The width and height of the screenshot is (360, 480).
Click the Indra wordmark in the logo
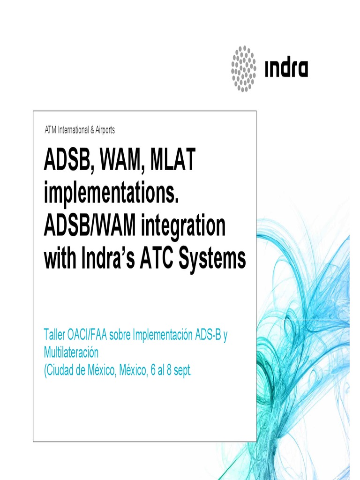coord(286,69)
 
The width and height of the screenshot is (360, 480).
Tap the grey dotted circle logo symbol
coord(244,68)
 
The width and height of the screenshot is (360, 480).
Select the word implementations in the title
coord(112,194)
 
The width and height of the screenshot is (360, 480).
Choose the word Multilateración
coord(71,352)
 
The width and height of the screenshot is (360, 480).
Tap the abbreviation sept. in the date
coord(182,370)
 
